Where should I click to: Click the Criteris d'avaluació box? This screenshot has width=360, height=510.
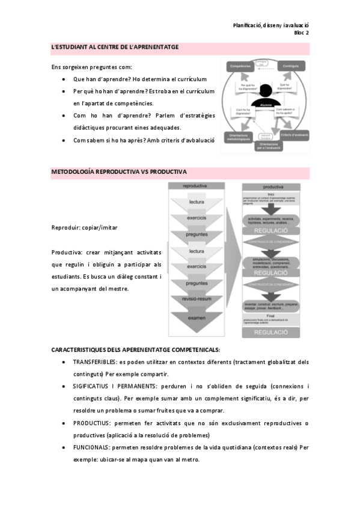tap(294, 136)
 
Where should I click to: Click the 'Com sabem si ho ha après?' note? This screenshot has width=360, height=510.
tap(290, 112)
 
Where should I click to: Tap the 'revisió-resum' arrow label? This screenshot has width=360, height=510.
tap(197, 299)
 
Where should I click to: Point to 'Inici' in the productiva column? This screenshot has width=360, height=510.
tap(271, 194)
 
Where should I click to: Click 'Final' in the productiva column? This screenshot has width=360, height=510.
tap(271, 315)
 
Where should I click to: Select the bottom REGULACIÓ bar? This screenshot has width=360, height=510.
tap(271, 332)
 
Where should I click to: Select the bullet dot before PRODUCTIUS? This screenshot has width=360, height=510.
tap(64, 424)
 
